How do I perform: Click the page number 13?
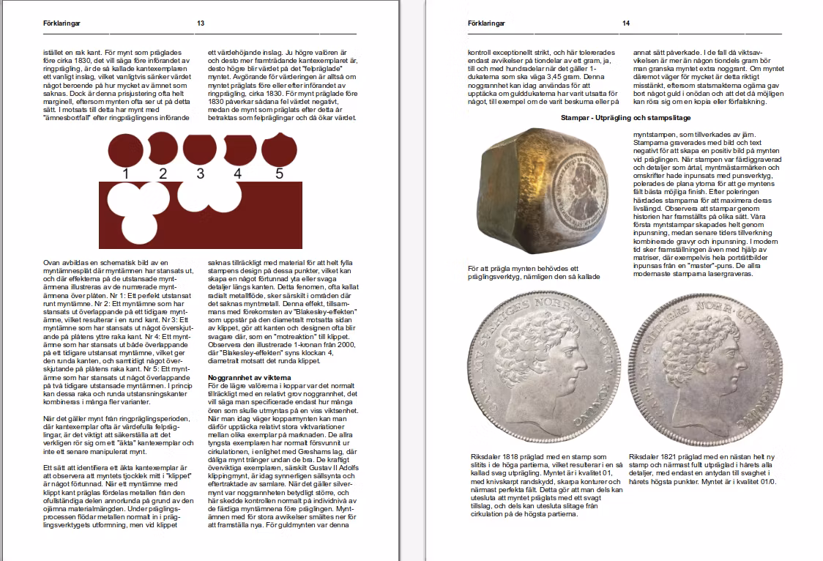pyautogui.click(x=200, y=23)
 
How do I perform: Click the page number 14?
pyautogui.click(x=626, y=23)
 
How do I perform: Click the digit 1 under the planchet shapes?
pyautogui.click(x=126, y=174)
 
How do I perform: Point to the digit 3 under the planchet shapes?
pyautogui.click(x=200, y=174)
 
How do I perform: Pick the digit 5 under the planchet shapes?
pyautogui.click(x=279, y=174)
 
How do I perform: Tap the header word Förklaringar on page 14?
pyautogui.click(x=486, y=23)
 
